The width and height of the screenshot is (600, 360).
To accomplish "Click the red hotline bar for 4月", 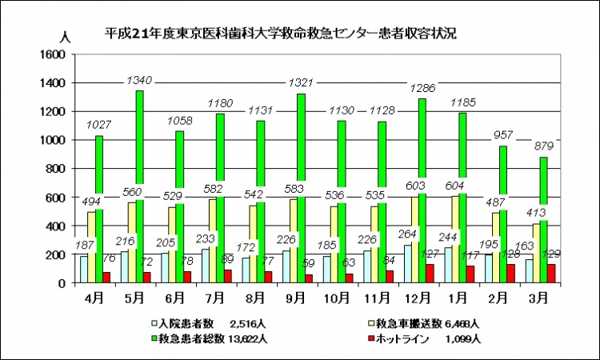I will click(106, 277).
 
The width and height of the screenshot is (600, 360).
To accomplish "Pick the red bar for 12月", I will click(430, 274).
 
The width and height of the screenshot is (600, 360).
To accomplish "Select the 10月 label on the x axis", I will click(338, 298).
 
